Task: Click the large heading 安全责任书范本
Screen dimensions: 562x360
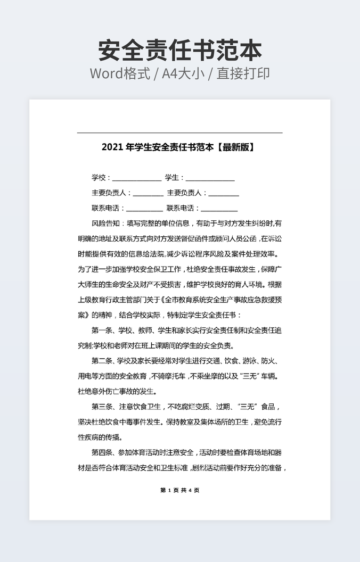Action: click(x=180, y=51)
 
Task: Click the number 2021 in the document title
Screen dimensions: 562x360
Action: click(x=112, y=147)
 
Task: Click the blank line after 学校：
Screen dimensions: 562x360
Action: click(x=136, y=179)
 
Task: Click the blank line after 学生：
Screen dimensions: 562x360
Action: click(x=210, y=179)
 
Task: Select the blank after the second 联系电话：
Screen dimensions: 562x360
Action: click(x=219, y=209)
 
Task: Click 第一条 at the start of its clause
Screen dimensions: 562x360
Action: click(x=103, y=330)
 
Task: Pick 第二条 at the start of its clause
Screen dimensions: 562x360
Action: click(x=103, y=361)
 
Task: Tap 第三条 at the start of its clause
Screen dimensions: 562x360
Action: click(x=103, y=407)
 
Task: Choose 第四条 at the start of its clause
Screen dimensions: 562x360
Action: click(x=103, y=453)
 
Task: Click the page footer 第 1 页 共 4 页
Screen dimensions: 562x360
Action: click(x=179, y=490)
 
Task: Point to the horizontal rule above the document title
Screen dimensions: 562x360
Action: click(x=179, y=133)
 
